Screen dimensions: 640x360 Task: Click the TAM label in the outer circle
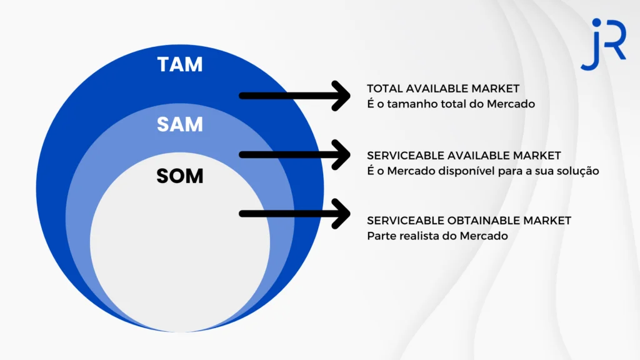pos(180,64)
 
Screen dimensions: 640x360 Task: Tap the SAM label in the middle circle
pos(180,124)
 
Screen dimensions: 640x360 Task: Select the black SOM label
pos(180,176)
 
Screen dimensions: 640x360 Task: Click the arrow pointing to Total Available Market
pos(295,96)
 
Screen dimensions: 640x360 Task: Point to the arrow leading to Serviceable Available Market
pos(295,155)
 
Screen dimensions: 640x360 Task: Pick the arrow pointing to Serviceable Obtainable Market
pos(295,214)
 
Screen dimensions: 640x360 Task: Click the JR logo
pos(604,44)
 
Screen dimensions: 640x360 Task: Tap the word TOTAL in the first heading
pos(385,89)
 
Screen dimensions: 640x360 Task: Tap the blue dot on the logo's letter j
pos(596,22)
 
